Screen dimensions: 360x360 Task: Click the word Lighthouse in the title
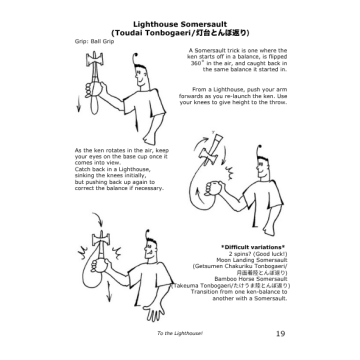click(x=158, y=22)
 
